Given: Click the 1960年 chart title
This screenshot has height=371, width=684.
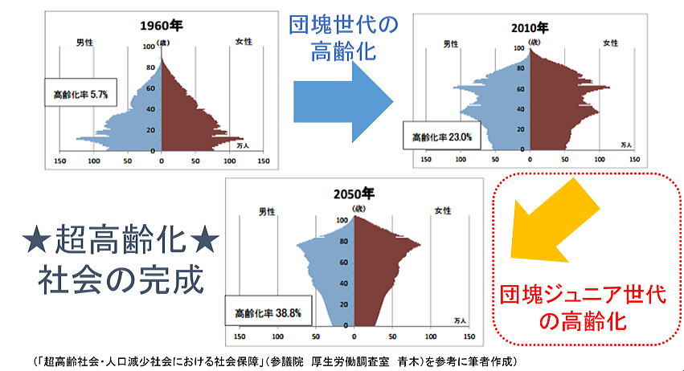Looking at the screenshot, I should [162, 24].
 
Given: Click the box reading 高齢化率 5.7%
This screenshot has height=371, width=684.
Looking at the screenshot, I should [81, 94].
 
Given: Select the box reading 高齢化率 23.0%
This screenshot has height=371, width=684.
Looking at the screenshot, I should [442, 137].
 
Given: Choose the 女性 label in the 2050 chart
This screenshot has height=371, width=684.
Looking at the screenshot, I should [443, 211].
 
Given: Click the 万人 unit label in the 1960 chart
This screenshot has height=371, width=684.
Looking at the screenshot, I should [245, 146].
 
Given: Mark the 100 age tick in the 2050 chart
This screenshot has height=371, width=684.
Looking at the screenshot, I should [342, 219].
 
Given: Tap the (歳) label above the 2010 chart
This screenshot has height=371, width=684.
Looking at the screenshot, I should [530, 40].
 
